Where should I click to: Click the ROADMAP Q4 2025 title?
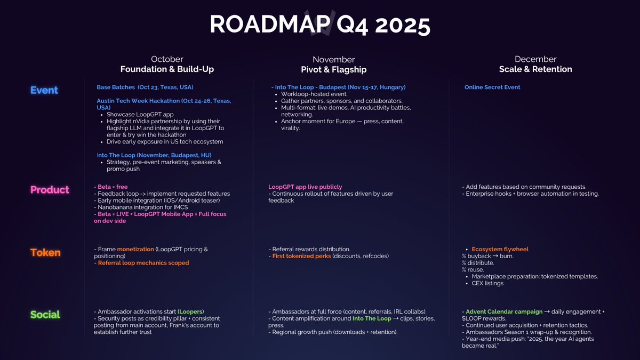click(319, 24)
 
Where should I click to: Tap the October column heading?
click(167, 59)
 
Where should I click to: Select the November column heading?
click(333, 60)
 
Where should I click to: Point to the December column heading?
click(535, 59)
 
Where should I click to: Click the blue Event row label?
click(44, 90)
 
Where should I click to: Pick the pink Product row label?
click(50, 190)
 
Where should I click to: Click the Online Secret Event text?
click(492, 87)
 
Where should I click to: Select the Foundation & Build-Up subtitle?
click(167, 69)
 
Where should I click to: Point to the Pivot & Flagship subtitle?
click(333, 70)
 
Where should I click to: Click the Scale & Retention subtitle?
click(535, 69)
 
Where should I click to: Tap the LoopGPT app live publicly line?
click(305, 187)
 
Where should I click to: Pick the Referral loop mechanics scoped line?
click(143, 263)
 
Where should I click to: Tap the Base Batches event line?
click(145, 87)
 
